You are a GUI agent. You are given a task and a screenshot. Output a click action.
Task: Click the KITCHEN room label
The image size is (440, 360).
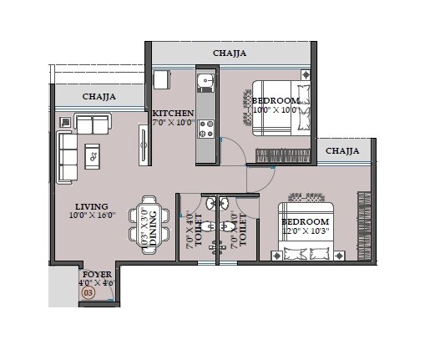click(x=173, y=113)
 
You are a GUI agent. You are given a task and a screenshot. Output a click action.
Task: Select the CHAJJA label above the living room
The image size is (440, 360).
click(x=99, y=98)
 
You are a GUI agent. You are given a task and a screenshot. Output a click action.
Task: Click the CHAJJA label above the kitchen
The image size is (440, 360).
click(x=230, y=53)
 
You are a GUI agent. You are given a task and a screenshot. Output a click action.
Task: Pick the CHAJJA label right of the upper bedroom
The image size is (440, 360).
click(x=342, y=151)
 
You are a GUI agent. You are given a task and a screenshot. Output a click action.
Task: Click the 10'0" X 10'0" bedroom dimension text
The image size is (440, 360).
click(x=276, y=110)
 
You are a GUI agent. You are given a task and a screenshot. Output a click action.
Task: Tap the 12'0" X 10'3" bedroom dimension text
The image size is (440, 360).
click(x=305, y=231)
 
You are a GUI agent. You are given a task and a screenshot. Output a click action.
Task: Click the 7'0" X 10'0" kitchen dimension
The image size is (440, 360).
click(x=173, y=123)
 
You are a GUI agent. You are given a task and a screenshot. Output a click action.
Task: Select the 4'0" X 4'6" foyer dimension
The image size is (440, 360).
click(x=97, y=282)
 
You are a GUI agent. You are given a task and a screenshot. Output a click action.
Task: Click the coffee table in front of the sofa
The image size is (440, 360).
click(x=93, y=155)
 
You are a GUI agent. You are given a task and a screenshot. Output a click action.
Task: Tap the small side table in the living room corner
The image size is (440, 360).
click(x=65, y=122)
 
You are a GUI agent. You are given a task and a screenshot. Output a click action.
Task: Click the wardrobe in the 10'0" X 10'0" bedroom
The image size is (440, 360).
click(x=283, y=155)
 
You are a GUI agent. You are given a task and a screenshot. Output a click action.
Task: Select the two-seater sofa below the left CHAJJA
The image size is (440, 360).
click(x=93, y=124)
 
